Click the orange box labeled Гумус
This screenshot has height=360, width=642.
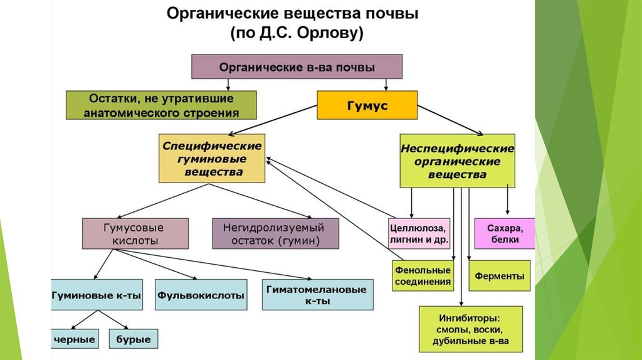click(367, 105)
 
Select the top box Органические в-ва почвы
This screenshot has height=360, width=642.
click(296, 66)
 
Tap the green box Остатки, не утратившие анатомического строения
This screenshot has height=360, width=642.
click(161, 105)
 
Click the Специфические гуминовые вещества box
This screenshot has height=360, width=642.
click(212, 158)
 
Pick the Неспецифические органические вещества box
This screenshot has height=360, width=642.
click(457, 161)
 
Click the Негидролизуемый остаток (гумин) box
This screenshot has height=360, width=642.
click(276, 233)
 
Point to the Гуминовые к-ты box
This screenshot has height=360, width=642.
click(97, 294)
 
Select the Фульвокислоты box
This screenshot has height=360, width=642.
click(201, 294)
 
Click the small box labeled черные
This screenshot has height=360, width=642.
click(74, 339)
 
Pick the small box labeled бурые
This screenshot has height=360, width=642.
click(134, 339)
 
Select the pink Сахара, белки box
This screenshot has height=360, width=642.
click(505, 233)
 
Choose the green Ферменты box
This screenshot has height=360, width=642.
click(499, 276)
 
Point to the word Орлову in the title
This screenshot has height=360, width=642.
click(332, 34)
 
